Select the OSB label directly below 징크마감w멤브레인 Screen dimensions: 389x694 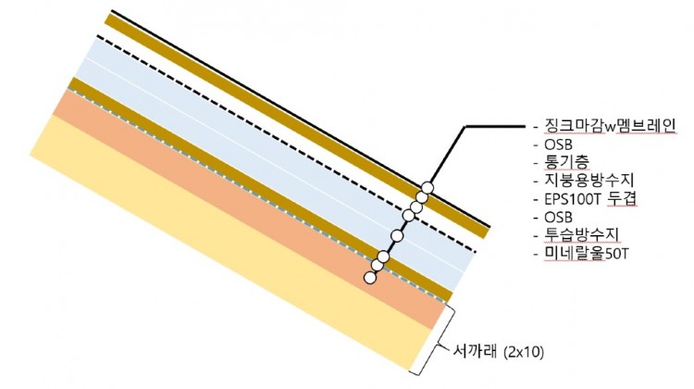560,145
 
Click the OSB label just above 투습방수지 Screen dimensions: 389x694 560,217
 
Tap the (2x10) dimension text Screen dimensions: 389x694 526,352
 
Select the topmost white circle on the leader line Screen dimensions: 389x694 428,185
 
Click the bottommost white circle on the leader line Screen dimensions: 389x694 370,277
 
